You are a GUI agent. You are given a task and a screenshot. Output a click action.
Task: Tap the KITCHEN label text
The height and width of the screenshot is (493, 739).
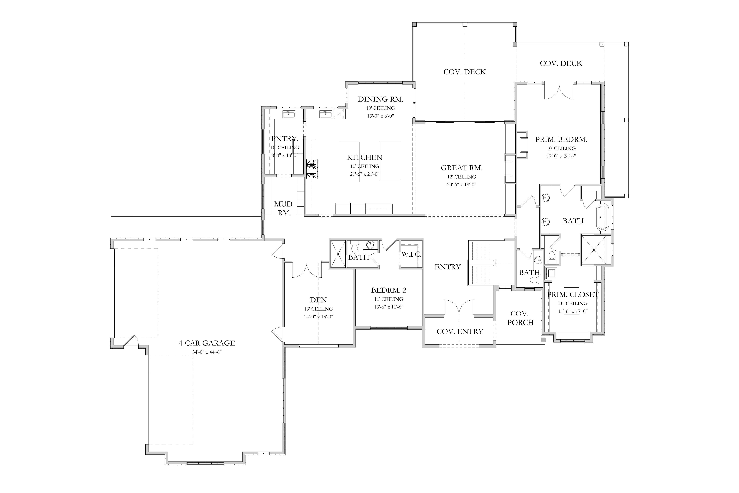click(x=365, y=157)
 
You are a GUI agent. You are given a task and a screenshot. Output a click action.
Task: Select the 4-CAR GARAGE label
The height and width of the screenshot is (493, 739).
click(x=207, y=343)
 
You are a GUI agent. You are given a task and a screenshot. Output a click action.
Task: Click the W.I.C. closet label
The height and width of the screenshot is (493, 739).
click(x=411, y=254)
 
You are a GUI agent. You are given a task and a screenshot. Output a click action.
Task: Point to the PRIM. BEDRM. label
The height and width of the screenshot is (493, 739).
click(x=561, y=139)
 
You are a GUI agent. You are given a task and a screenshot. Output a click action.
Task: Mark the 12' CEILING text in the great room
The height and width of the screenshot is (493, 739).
click(x=462, y=177)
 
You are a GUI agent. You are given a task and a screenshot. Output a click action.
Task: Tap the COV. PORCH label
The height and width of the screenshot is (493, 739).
click(x=520, y=318)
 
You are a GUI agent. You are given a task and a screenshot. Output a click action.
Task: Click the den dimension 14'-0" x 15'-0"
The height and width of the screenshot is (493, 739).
click(x=318, y=317)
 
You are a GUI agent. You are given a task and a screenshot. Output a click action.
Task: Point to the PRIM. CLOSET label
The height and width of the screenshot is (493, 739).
click(x=573, y=295)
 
